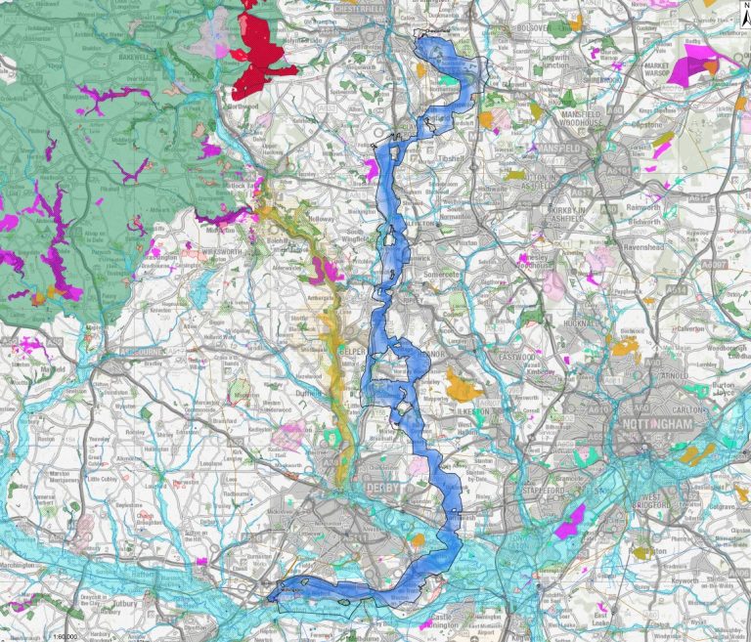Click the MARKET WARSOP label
pyautogui.click(x=662, y=75)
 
